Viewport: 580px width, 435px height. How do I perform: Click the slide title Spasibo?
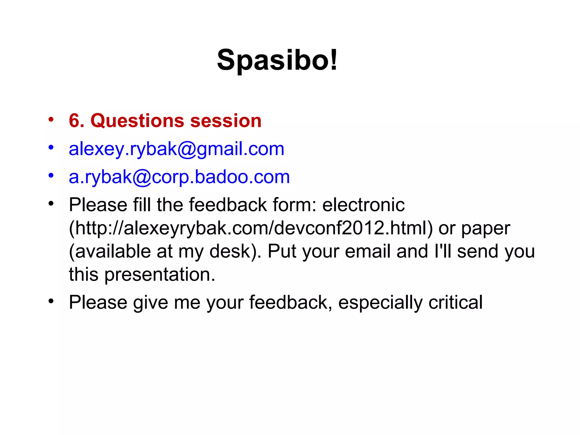[277, 60]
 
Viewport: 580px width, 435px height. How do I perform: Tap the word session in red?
[226, 121]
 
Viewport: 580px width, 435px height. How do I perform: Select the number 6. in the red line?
[76, 121]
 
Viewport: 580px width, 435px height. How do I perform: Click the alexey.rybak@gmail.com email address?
[176, 149]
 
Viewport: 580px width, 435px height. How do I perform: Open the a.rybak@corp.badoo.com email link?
[179, 177]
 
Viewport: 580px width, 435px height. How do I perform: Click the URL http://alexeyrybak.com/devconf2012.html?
[250, 228]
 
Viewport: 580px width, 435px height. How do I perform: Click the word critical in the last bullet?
[455, 302]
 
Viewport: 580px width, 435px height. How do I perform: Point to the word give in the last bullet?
[151, 303]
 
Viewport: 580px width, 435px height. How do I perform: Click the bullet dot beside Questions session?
[51, 119]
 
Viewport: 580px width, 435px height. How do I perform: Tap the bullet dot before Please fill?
[51, 203]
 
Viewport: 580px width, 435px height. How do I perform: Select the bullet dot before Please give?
[51, 301]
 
